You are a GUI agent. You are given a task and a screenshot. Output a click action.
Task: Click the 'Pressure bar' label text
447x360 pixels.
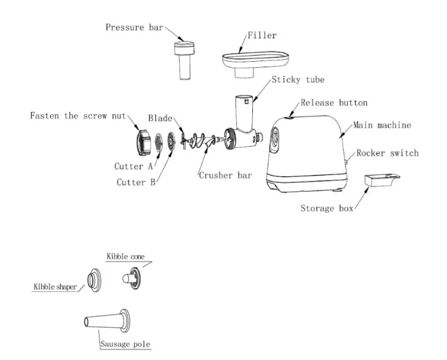coord(135,27)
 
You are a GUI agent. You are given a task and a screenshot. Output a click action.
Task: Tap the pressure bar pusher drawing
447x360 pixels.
coord(185,59)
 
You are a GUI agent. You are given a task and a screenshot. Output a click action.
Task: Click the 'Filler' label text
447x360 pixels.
coord(262,36)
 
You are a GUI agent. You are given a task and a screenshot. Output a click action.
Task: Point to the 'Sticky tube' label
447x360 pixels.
coord(298,80)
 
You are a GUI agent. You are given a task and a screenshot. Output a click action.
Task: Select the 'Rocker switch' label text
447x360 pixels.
coord(387,153)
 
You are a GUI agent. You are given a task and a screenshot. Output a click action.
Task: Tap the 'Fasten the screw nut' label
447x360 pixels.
coord(78,116)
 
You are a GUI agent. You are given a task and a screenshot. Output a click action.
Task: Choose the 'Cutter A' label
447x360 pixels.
coord(133,166)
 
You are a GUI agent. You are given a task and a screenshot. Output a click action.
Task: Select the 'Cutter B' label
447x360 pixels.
coord(135,182)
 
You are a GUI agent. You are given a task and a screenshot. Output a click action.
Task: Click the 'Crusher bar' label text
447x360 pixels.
coord(225,175)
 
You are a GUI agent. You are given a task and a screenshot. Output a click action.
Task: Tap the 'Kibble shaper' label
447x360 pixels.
coord(55,286)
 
